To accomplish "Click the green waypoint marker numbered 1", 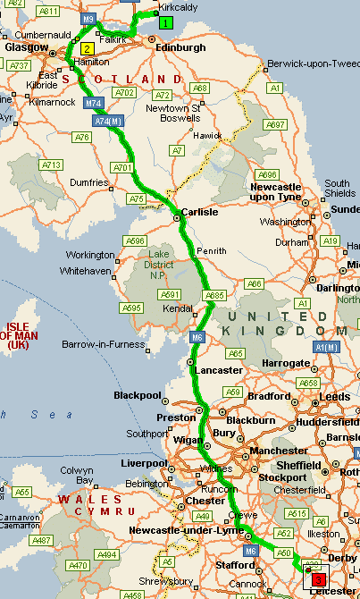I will pyautogui.click(x=165, y=22).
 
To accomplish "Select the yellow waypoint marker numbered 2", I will pyautogui.click(x=87, y=48).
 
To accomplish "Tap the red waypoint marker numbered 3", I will pyautogui.click(x=317, y=580).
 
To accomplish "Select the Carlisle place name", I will pyautogui.click(x=199, y=213).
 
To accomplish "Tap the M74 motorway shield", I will pyautogui.click(x=94, y=104).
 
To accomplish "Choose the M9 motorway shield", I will pyautogui.click(x=87, y=18).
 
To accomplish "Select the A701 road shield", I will pyautogui.click(x=122, y=167).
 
